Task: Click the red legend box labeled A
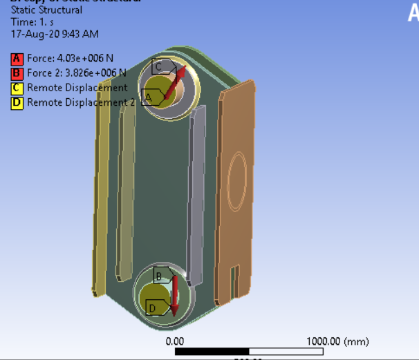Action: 17,58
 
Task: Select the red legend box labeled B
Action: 17,73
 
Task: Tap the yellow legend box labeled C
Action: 17,88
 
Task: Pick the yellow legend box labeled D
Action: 17,103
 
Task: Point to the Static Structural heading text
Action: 46,10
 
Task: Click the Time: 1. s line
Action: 32,21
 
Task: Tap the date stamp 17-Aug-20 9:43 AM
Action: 55,33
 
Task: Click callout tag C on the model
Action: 158,66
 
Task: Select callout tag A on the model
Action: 147,97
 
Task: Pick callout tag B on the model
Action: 159,276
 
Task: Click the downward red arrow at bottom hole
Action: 174,295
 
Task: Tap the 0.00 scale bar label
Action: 175,341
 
